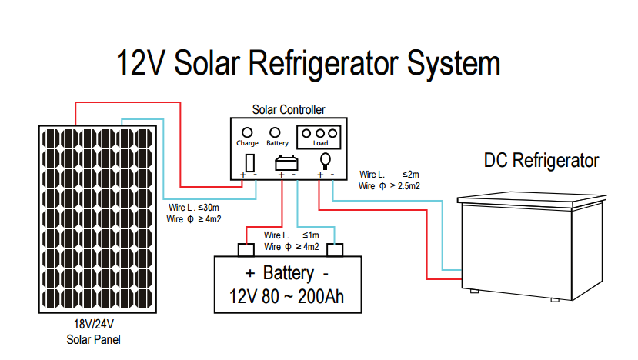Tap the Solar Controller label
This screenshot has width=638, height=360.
tap(289, 110)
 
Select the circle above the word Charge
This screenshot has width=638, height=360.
tap(248, 132)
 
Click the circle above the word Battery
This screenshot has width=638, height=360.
tap(277, 132)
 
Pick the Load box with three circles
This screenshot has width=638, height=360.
tap(319, 136)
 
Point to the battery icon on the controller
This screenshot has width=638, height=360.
tap(287, 162)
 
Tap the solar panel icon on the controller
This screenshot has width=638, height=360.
tap(249, 162)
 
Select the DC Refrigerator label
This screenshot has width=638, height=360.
tap(541, 161)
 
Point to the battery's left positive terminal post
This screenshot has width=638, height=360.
tap(246, 249)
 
